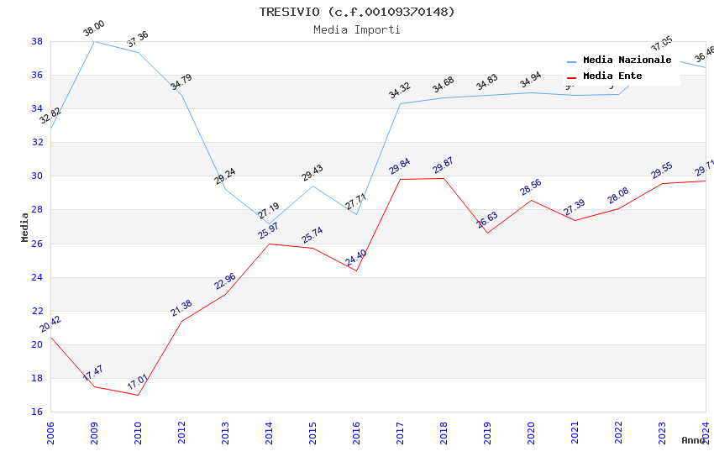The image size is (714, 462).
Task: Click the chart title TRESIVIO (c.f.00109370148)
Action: (357, 12)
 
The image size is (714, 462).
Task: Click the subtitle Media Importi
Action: (357, 29)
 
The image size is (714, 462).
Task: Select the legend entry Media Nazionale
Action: (627, 60)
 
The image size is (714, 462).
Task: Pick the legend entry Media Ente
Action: (612, 76)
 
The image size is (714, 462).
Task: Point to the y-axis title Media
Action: (25, 227)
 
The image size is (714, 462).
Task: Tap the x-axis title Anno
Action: (693, 440)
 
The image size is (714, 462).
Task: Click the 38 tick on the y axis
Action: (37, 41)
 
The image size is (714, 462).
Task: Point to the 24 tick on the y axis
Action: (37, 277)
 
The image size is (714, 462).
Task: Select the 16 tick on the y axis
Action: (37, 412)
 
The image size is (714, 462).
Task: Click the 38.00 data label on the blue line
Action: (94, 30)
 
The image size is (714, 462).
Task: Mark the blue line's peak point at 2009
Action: (94, 41)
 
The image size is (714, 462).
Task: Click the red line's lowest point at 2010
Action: (138, 395)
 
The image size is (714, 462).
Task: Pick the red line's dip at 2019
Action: (487, 233)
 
